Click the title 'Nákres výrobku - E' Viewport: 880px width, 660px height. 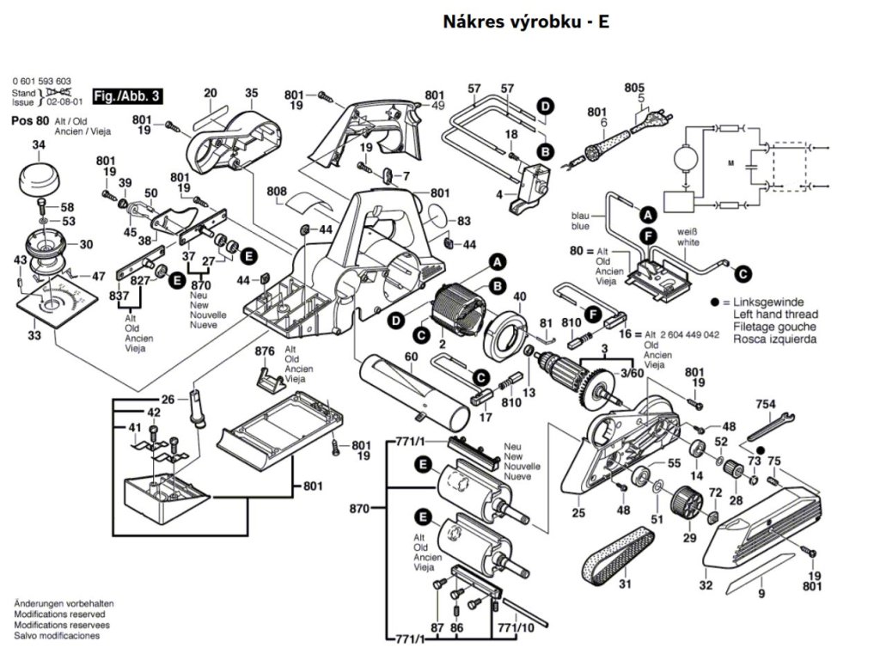point(526,21)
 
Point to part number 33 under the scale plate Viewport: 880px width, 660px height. point(33,335)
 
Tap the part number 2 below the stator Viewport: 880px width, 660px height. point(442,345)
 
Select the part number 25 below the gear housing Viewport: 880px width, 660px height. point(578,514)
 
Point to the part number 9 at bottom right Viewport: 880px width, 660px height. point(761,593)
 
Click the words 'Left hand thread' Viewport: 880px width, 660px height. point(775,315)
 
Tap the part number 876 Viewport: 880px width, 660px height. point(265,351)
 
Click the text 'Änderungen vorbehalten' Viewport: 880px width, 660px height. point(64,604)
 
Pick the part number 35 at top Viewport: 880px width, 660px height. point(251,93)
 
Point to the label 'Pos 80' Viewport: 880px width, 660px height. point(30,120)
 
